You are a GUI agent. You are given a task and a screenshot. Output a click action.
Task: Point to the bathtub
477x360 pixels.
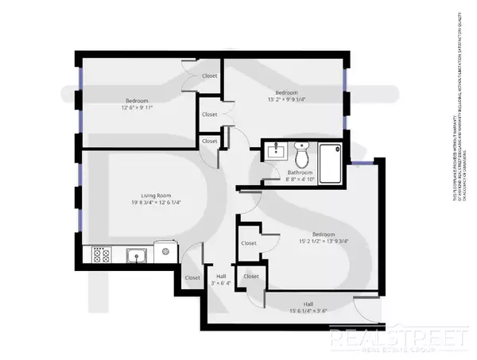[328, 155]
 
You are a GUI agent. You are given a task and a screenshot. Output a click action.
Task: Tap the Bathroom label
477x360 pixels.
[300, 172]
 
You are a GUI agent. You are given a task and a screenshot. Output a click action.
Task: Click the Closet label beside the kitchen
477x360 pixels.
[192, 278]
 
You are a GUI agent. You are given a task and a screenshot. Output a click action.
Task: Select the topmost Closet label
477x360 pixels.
[210, 76]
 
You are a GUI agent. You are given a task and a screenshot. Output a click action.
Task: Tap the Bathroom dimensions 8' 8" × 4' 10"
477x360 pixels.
[300, 180]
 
